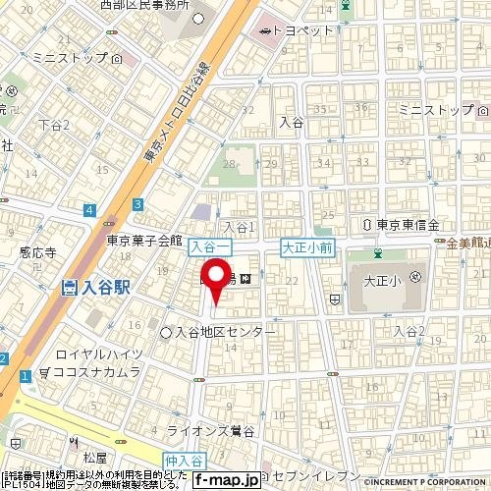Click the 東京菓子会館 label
(145, 240)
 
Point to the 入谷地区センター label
(226, 333)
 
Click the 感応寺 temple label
(36, 252)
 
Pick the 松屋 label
(94, 458)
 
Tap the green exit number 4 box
(88, 209)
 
